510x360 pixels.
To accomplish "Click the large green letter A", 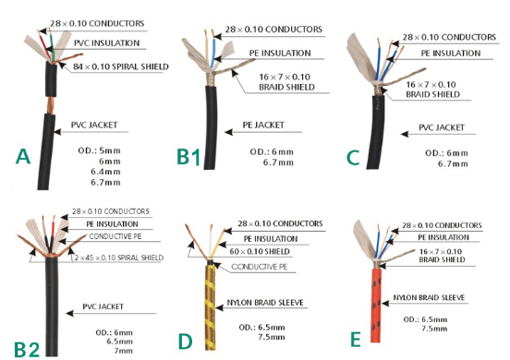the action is coord(23,156).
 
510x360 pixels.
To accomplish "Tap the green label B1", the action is coord(188,157).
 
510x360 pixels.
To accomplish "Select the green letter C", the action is coord(353,158).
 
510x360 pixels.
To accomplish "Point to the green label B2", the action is coord(27,349).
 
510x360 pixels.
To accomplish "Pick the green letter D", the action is coord(186,342).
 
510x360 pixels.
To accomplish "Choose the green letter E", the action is coord(355,339).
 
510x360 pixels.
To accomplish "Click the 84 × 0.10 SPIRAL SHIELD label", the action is coord(121,67).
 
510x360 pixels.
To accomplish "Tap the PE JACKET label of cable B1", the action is coord(263,126).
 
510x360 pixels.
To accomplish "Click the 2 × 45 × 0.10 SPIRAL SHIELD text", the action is coord(119,258).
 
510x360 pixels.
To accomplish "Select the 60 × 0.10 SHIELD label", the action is coord(260,251).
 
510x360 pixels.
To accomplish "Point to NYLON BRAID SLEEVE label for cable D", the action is coord(265,303).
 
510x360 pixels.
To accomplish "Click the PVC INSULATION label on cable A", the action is coord(106,43).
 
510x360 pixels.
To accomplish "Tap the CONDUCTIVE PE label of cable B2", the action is coord(115,236).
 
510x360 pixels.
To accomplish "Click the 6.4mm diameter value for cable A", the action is coord(105,172).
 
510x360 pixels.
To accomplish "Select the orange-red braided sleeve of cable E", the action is coord(376,306).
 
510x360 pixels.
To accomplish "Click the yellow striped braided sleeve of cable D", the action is coord(211,307).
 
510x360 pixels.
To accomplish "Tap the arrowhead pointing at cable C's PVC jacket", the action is coord(405,134).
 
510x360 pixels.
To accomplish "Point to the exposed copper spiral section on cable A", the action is coord(51,104).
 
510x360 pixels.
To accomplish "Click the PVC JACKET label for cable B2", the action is coord(103,306).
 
